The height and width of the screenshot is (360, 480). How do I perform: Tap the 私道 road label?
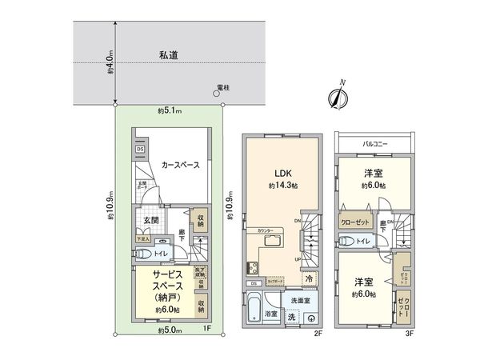pos(168,55)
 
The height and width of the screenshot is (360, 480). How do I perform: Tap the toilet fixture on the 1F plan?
pos(145,254)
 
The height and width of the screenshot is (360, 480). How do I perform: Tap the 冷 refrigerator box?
pos(308,278)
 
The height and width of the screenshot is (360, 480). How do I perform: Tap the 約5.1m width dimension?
pos(169,110)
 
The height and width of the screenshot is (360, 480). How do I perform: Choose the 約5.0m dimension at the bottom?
pos(169,330)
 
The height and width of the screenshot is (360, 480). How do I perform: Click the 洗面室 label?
pos(300,299)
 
